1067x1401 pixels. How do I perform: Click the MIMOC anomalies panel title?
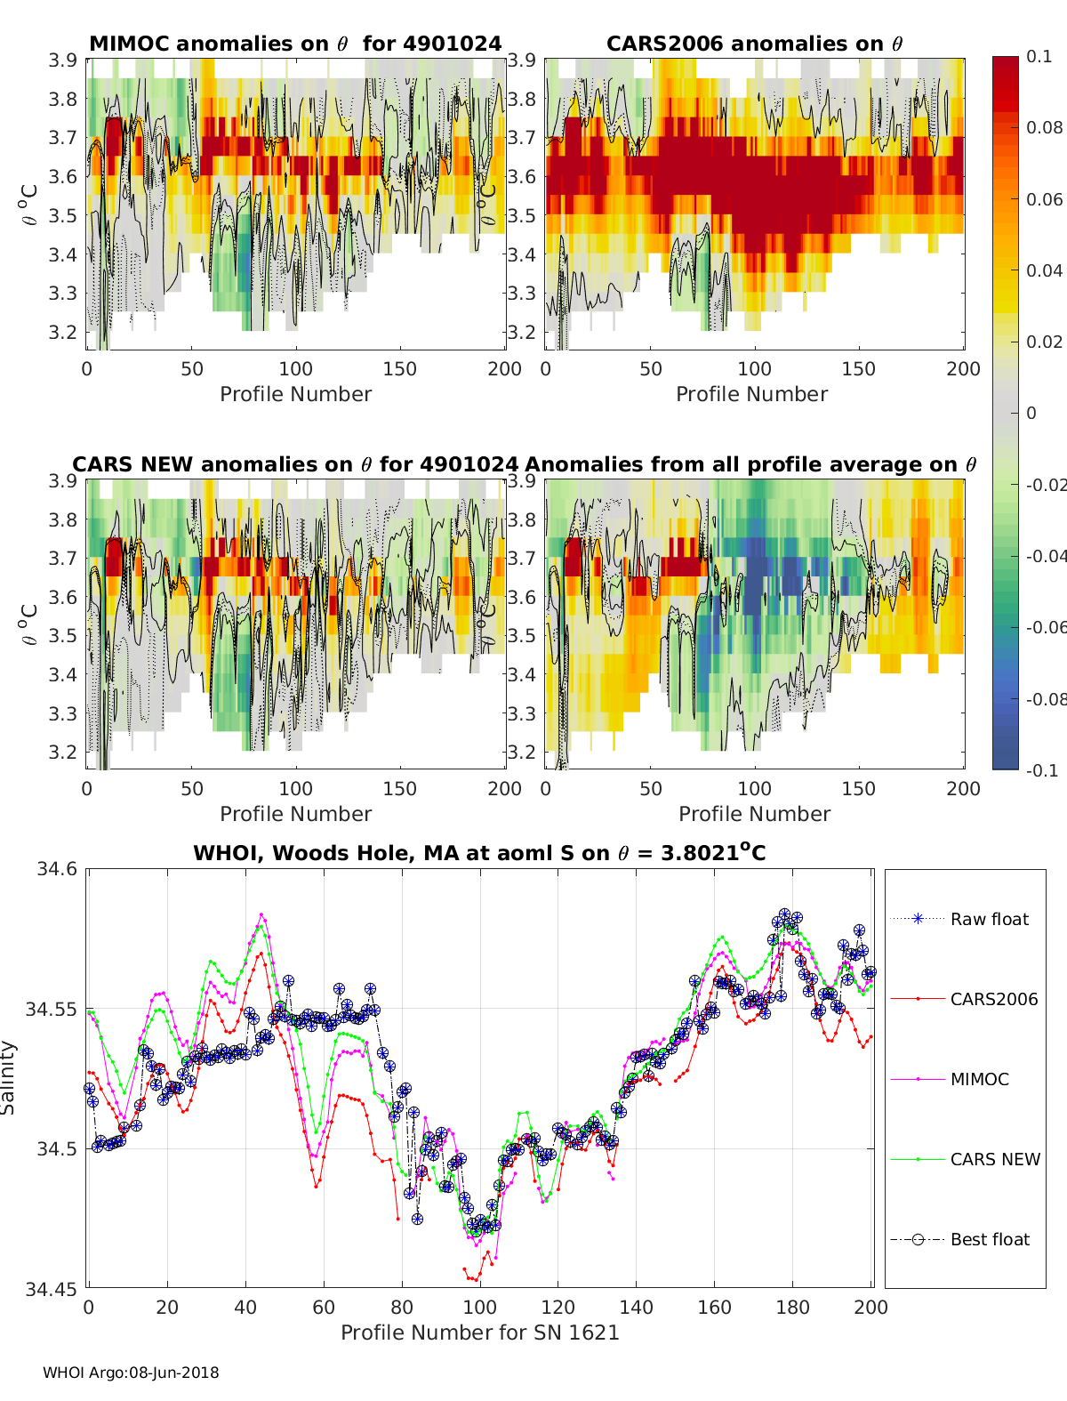point(295,44)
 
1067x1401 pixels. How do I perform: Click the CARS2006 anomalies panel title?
point(754,44)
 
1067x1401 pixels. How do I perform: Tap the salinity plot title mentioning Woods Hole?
point(479,853)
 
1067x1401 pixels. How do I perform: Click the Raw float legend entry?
point(989,919)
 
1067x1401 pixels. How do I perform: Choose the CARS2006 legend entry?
point(993,999)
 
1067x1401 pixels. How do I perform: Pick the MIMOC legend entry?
point(979,1079)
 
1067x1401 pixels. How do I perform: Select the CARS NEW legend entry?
point(994,1159)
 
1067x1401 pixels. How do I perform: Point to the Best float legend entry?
point(990,1239)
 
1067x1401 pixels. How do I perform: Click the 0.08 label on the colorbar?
point(1044,127)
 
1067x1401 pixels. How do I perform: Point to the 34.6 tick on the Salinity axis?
point(57,869)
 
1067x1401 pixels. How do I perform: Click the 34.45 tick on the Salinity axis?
point(53,1288)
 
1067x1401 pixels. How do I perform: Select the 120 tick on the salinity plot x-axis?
point(558,1307)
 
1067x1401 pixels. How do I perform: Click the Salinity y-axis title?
point(9,1077)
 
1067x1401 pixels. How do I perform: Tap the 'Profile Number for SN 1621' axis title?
point(479,1333)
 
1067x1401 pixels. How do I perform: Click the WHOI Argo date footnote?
point(131,1373)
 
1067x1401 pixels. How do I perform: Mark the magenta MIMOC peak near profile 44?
point(261,914)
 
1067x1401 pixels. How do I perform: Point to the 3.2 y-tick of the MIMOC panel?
point(62,332)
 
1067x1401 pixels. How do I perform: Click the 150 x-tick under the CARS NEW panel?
point(400,788)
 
